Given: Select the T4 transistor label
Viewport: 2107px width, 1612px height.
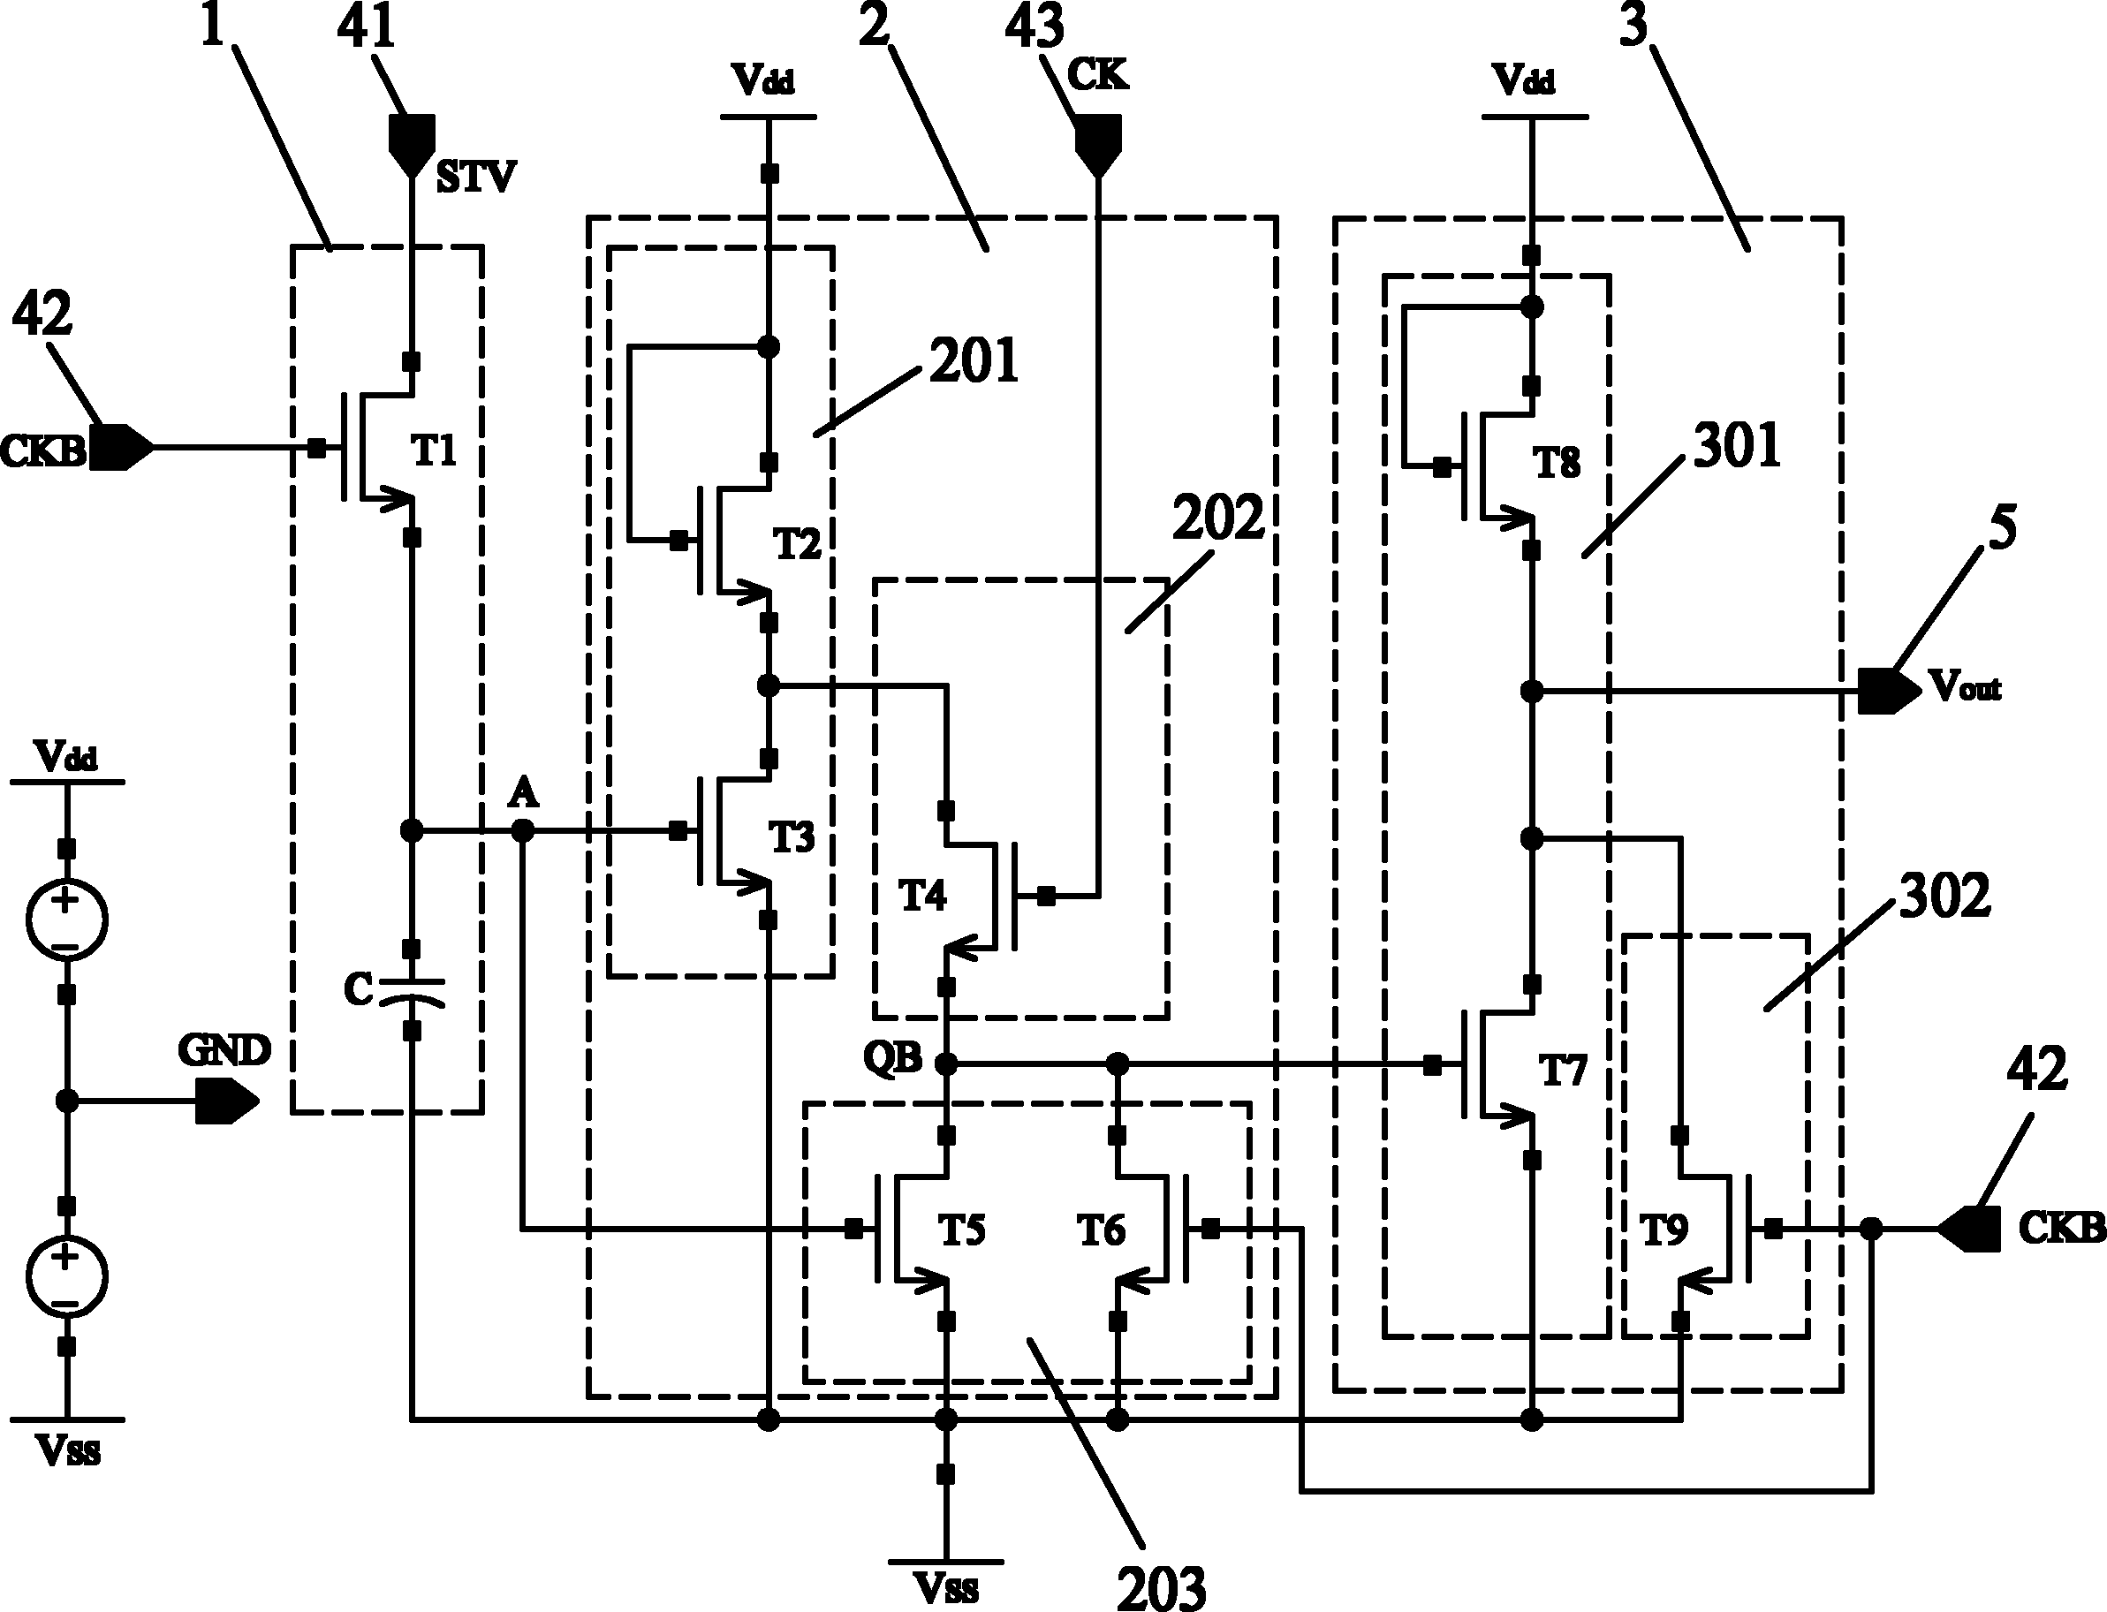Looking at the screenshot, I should coord(922,896).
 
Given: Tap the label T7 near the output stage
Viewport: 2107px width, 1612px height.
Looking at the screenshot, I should coord(1563,1069).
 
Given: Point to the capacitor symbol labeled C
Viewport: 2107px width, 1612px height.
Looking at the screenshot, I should coord(412,991).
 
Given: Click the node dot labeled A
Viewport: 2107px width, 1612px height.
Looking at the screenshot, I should coord(522,830).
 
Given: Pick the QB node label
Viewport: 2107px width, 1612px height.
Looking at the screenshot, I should coord(892,1059).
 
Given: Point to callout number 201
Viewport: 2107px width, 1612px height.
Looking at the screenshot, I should coord(973,362).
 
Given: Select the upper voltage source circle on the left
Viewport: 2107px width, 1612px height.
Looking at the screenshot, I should coord(66,919).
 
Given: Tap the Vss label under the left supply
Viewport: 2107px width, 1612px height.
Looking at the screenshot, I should coord(67,1452).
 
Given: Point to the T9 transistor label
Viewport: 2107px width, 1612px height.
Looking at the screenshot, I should coord(1664,1230).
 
